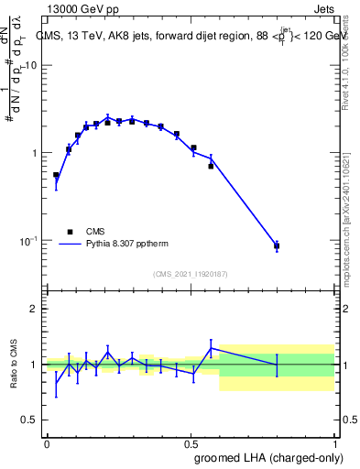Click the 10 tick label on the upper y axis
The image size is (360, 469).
[30, 65]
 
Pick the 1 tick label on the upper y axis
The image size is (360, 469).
[33, 153]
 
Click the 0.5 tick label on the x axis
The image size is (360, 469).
[191, 443]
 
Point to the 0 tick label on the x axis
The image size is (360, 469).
[47, 443]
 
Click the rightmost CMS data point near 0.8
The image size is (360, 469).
[277, 245]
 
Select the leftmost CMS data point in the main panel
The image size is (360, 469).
[56, 175]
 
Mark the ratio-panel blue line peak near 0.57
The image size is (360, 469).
[212, 348]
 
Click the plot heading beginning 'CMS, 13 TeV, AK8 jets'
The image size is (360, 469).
[183, 37]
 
